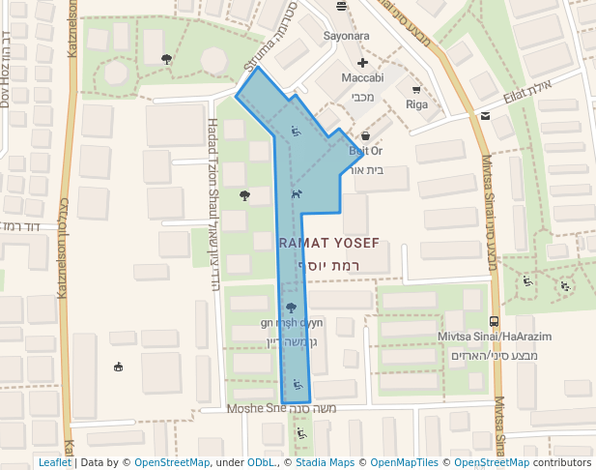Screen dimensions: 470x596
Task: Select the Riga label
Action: (x=416, y=104)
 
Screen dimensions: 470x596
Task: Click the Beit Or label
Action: (x=365, y=151)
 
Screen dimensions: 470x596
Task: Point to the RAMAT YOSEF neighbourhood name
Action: (x=328, y=243)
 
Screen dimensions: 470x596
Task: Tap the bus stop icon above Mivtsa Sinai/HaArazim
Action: (x=495, y=320)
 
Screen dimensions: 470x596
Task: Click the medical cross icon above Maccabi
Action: (x=363, y=62)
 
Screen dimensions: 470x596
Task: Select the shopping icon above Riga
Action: (x=416, y=90)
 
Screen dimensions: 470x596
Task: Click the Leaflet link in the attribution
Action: (x=55, y=463)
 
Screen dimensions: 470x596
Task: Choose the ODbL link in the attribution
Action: (x=263, y=463)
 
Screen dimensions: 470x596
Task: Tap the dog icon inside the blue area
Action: (x=297, y=192)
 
